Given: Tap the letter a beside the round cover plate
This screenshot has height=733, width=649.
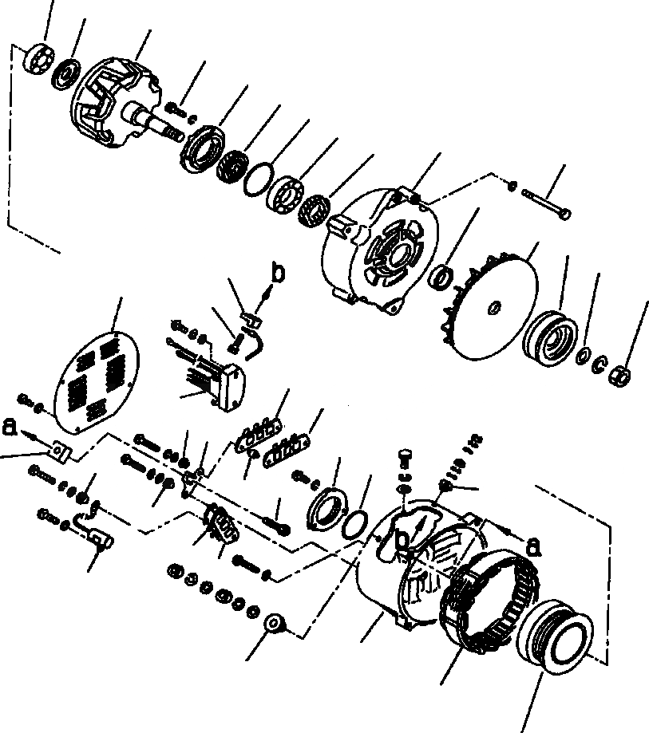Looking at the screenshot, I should [10, 427].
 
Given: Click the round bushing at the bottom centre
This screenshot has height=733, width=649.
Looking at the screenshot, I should [275, 623].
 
